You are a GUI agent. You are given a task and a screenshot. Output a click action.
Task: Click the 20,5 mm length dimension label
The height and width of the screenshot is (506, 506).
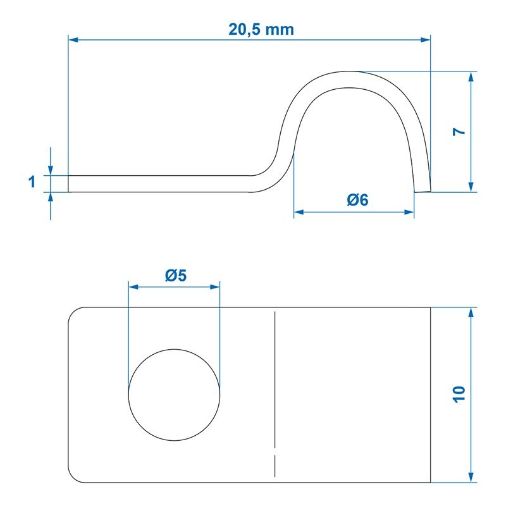(261, 29)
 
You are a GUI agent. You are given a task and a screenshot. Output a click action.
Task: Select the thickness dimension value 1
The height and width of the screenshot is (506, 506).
(32, 182)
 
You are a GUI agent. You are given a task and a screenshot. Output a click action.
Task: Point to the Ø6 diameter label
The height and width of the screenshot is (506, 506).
(357, 200)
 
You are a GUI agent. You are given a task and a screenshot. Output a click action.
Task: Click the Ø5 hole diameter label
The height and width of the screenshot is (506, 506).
(176, 276)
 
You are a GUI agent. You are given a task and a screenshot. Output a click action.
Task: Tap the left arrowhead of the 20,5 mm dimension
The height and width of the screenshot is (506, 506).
(73, 40)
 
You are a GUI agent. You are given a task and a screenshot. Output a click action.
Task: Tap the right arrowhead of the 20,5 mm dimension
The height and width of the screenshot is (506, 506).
(425, 40)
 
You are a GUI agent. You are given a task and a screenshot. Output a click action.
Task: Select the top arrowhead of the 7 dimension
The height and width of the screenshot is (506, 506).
(471, 77)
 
